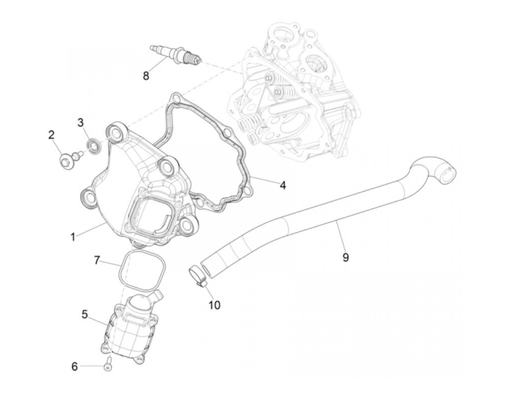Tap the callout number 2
(x=51, y=135)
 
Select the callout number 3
(x=80, y=122)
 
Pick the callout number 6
(x=74, y=366)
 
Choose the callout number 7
(x=97, y=260)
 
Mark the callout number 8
(x=146, y=76)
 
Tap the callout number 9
(x=346, y=257)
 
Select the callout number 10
(x=214, y=305)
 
